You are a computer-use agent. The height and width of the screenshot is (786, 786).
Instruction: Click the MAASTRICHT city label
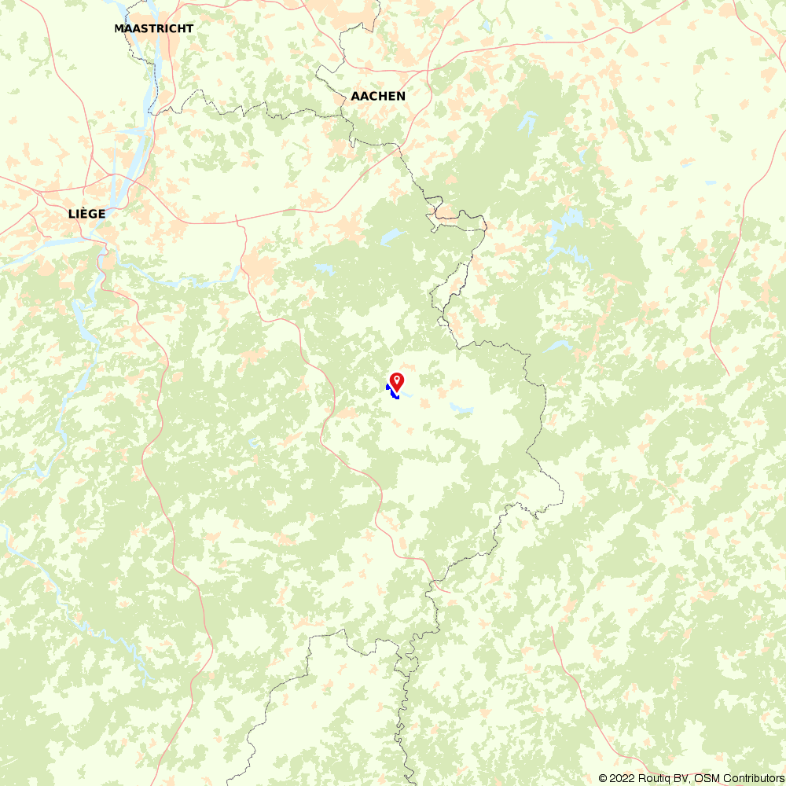pos(153,28)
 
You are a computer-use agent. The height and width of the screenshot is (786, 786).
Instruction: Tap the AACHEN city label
pos(378,96)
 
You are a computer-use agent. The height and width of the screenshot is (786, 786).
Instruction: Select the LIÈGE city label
pos(86,213)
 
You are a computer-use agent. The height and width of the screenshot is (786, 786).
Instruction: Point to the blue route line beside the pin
pos(392,392)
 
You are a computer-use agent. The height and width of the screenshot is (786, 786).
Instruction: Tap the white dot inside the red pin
pos(397,380)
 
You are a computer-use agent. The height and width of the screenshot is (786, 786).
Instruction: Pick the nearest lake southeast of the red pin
pos(461,408)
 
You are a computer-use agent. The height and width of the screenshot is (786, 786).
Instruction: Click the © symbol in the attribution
pos(603,778)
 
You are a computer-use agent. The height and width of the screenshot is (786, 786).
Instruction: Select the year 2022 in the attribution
pos(622,778)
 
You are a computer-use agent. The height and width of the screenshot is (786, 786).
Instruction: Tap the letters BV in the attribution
pos(683,778)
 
